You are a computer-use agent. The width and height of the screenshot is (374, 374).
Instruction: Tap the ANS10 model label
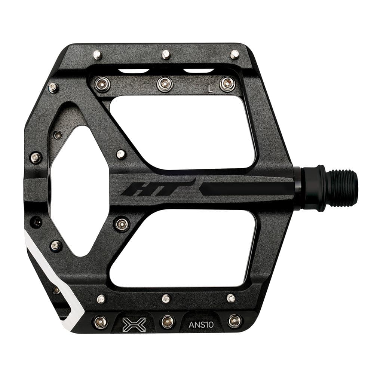[x=201, y=324]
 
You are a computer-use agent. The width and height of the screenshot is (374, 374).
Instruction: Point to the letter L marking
[x=210, y=89]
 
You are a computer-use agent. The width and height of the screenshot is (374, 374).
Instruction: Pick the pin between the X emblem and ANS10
[x=167, y=321]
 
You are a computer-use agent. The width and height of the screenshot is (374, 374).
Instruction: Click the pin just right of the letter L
[x=227, y=84]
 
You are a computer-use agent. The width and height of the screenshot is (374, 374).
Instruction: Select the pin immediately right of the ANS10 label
[x=234, y=321]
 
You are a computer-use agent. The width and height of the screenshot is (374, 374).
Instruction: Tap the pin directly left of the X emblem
[x=100, y=321]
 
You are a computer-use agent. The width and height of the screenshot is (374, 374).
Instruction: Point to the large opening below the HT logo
[x=183, y=247]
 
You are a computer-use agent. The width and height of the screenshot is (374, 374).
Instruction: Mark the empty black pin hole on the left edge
[x=36, y=221]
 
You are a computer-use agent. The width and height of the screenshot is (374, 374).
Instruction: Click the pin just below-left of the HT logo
[x=122, y=224]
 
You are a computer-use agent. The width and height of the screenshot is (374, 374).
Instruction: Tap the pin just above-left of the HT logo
[x=121, y=154]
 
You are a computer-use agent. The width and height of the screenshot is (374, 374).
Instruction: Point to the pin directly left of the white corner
[x=56, y=290]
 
